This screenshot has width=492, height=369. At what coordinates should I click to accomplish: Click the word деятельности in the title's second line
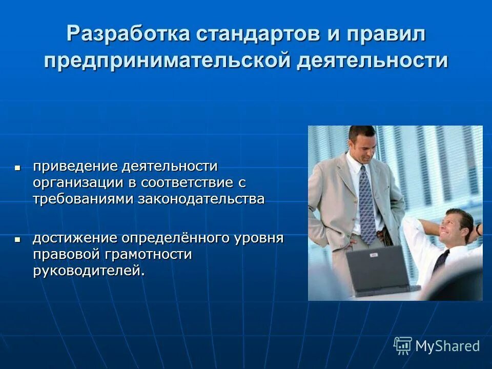pos(373,60)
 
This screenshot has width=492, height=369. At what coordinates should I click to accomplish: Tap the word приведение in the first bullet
pos(76,166)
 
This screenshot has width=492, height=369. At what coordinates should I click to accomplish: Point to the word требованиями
pos(83,199)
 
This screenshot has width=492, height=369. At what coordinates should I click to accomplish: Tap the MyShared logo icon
pos(403,345)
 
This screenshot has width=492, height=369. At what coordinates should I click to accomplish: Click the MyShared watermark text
pos(447,346)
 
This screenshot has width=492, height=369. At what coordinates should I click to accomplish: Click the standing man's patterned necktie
pos(367,205)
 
